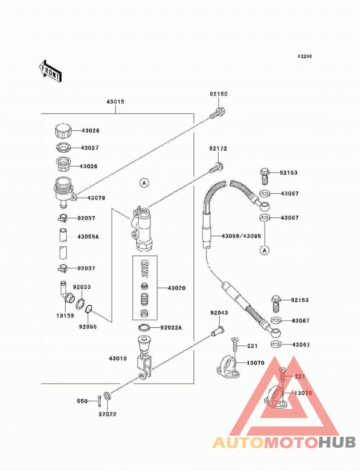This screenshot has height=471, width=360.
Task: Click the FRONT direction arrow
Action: click(x=50, y=71)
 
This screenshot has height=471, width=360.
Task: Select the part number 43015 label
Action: click(x=115, y=102)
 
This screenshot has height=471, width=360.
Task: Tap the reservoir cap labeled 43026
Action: click(x=63, y=131)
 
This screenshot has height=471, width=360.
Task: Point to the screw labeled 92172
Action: click(x=216, y=168)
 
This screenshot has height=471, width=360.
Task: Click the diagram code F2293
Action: click(x=305, y=56)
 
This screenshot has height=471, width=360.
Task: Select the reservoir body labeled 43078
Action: click(x=64, y=192)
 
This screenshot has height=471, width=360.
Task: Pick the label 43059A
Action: click(x=88, y=237)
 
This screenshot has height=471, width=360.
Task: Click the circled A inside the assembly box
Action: click(x=144, y=183)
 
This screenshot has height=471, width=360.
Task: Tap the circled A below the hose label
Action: click(x=265, y=250)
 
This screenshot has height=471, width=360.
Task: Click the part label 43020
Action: click(x=176, y=288)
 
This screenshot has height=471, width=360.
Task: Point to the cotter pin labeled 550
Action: click(x=99, y=401)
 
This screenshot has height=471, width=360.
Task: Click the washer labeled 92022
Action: click(x=107, y=396)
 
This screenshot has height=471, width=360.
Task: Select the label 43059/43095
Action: click(x=241, y=236)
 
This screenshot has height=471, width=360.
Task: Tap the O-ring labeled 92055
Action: click(x=89, y=309)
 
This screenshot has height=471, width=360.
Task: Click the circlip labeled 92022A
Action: click(x=144, y=327)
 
